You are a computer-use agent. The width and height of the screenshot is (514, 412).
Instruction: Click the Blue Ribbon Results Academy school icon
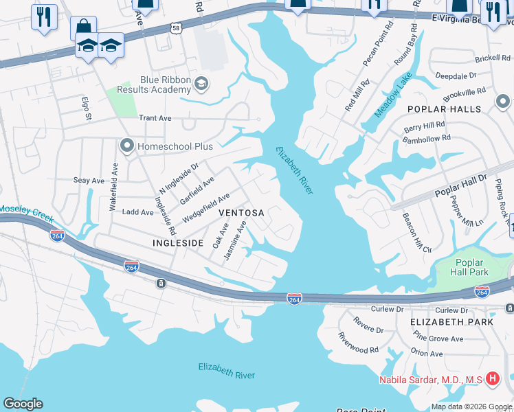click(201, 84)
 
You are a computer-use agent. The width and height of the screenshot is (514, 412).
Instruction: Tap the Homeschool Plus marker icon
click(126, 146)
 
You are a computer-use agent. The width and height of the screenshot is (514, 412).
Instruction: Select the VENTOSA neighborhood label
click(241, 213)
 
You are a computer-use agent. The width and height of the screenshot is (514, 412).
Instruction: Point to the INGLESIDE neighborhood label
click(178, 243)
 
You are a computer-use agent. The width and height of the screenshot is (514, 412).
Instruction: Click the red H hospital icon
click(492, 378)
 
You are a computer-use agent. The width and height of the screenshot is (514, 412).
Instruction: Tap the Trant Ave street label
click(155, 118)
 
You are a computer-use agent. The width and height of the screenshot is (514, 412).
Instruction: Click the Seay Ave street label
click(89, 180)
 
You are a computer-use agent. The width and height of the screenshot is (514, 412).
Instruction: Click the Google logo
click(23, 404)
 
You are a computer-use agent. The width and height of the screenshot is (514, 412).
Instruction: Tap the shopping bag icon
click(83, 27)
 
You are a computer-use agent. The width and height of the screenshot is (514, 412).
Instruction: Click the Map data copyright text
click(471, 407)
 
